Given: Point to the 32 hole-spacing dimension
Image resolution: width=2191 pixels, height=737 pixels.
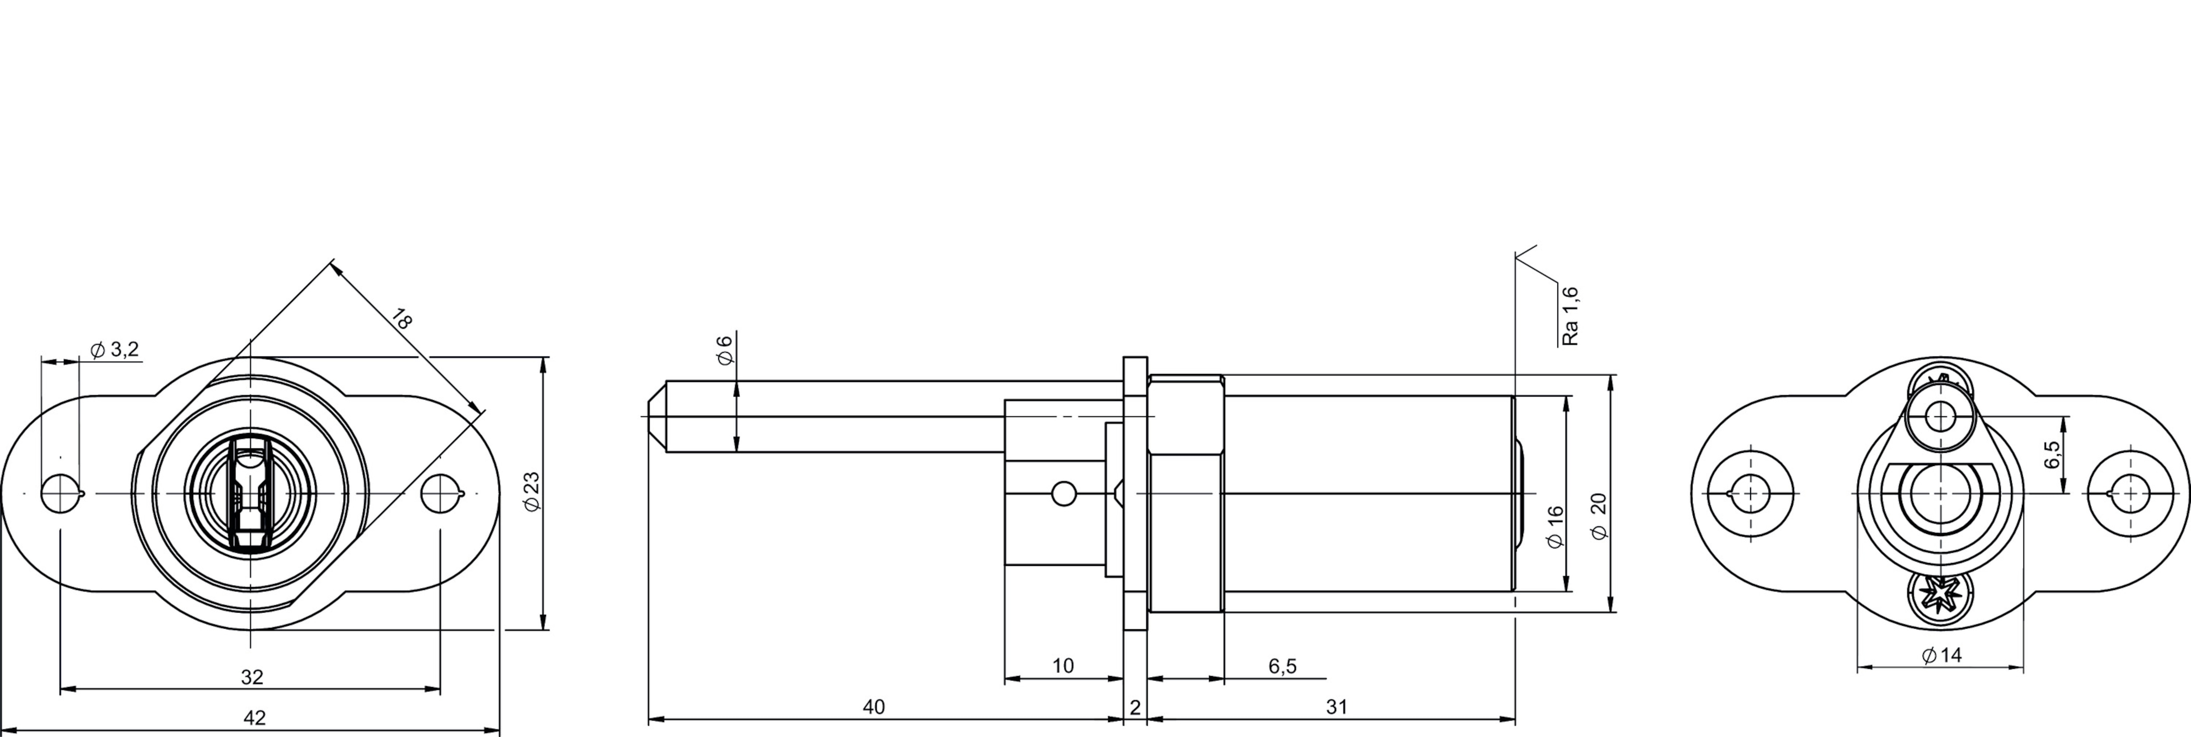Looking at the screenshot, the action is pos(252,677).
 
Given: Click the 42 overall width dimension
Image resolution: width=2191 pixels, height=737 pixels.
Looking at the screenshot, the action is pos(254,717).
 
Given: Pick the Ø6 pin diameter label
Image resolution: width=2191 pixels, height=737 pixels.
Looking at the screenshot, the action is pos(725,350).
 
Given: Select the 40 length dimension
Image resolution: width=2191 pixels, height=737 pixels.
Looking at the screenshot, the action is pos(873,706).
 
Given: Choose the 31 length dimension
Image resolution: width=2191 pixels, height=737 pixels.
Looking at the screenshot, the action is pos(1336,706).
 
